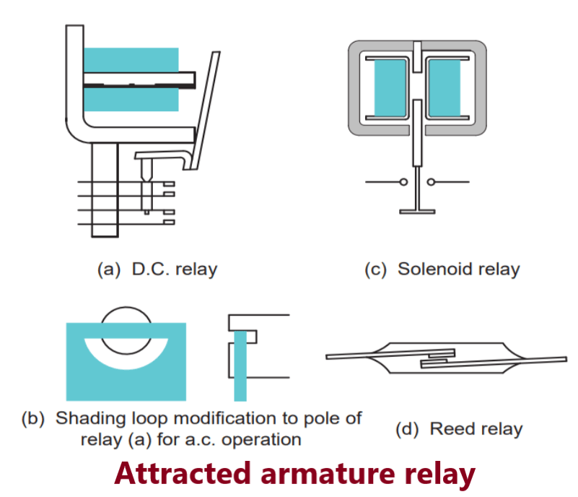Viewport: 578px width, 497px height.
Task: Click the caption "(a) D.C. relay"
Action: tap(157, 269)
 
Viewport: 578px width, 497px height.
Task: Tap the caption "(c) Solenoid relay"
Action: tap(442, 269)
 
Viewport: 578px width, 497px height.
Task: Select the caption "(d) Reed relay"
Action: tap(459, 428)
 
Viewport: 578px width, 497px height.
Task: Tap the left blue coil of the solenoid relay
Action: tap(390, 88)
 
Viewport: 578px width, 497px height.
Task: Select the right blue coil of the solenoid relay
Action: tap(445, 88)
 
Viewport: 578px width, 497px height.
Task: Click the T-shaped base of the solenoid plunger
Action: tap(418, 210)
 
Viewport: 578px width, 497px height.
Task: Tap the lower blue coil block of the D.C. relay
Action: tap(131, 99)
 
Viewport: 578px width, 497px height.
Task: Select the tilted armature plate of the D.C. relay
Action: tap(206, 108)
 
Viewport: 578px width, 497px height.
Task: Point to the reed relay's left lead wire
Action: tap(350, 355)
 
